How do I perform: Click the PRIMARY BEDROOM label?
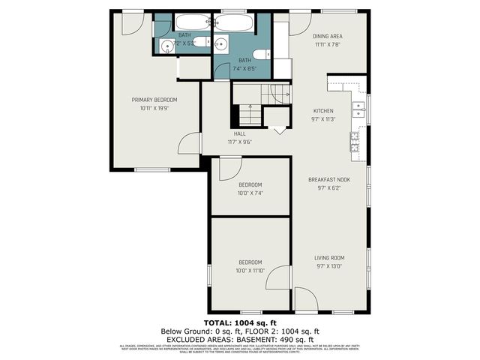point(154,100)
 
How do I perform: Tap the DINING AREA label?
point(328,36)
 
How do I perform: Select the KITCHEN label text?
point(322,110)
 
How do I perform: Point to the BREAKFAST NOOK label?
point(329,180)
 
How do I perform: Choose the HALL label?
point(239,134)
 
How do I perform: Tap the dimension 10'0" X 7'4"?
point(250,193)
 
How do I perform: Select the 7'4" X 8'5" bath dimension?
point(244,68)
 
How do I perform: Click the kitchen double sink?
point(359,110)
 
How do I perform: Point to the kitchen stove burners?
point(355,142)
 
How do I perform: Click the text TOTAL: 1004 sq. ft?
point(239,322)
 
